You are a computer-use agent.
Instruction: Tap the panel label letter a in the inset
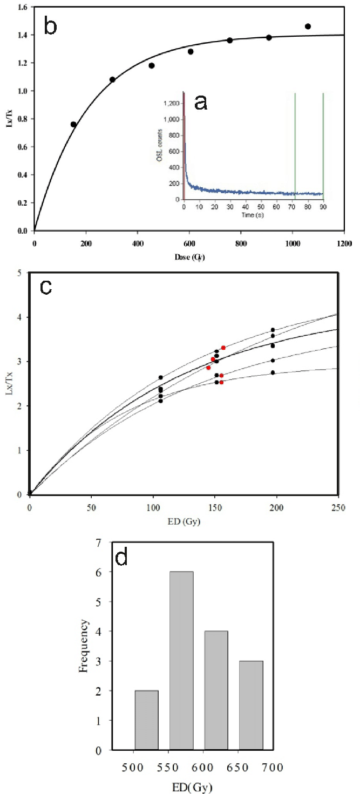(200, 102)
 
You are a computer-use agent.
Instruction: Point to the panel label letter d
(122, 557)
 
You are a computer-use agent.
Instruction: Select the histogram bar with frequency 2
(147, 720)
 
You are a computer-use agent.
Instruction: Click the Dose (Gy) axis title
(189, 258)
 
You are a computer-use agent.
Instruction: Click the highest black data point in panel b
(308, 26)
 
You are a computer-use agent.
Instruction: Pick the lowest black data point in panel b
(73, 124)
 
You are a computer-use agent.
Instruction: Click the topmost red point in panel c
(223, 348)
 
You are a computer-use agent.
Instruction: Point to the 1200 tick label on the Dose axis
(344, 243)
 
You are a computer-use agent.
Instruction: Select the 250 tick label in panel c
(338, 508)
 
